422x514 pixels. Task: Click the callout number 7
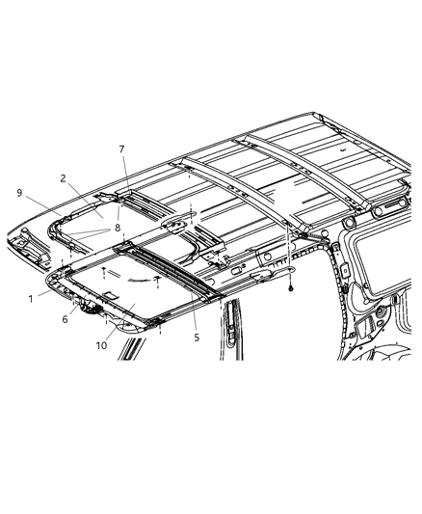[121, 149]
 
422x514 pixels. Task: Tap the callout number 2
[62, 178]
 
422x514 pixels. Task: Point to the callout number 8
[118, 228]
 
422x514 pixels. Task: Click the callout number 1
[31, 298]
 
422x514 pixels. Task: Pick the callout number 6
[66, 319]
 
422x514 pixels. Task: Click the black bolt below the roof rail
[289, 288]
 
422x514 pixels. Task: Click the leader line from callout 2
[81, 196]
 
